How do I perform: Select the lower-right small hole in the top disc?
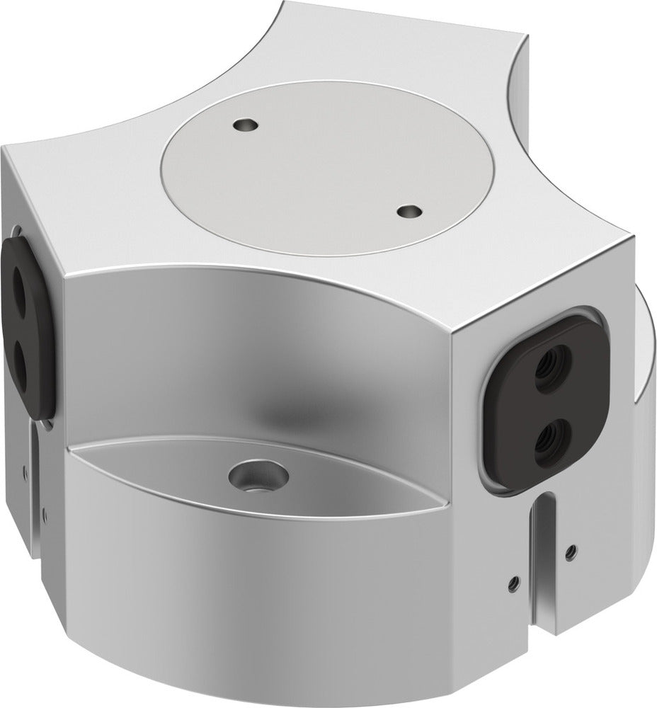tap(409, 211)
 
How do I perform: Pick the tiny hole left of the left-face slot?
tap(25, 467)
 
